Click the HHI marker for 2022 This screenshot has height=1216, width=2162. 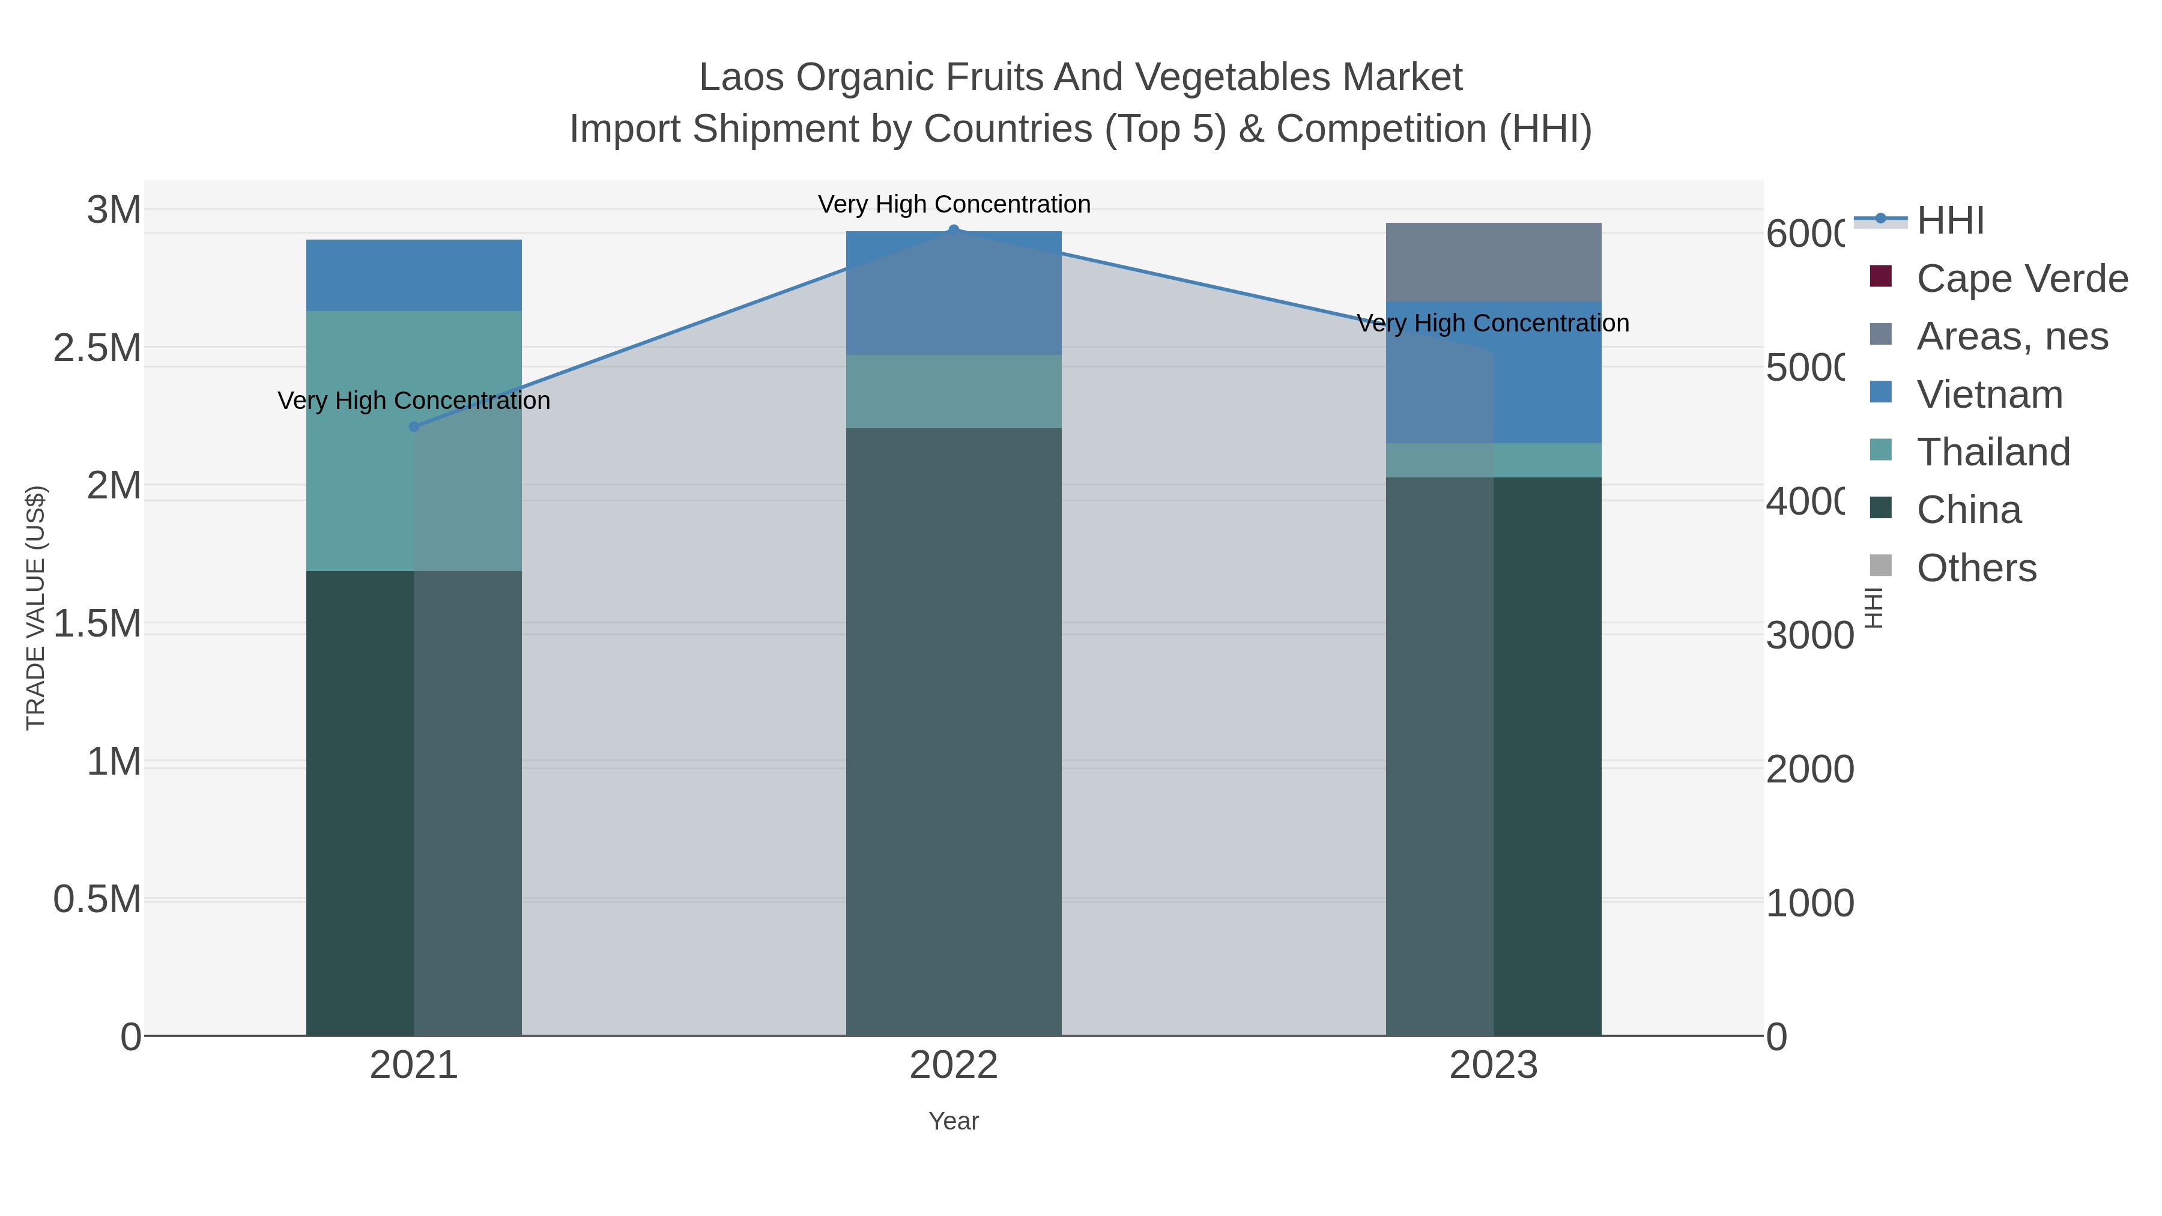point(954,230)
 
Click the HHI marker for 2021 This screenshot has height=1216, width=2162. point(414,426)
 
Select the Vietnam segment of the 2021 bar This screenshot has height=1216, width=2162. point(414,275)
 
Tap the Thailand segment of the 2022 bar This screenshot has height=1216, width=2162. point(954,391)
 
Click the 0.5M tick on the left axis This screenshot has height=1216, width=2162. point(97,900)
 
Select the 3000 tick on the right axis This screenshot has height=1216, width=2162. point(1809,635)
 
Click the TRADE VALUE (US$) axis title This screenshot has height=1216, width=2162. point(36,608)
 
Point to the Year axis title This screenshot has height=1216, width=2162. point(954,1121)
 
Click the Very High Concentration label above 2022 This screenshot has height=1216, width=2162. point(954,204)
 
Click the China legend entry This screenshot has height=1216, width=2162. point(1968,510)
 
